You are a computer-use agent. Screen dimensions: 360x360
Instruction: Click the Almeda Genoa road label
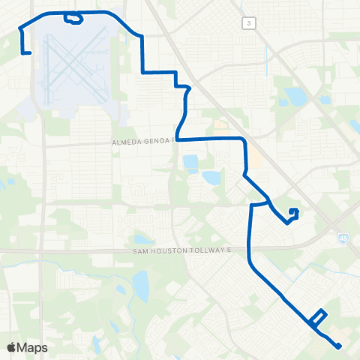142,141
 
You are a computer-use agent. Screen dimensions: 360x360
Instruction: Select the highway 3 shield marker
247,24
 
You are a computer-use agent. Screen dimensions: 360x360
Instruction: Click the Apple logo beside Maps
11,347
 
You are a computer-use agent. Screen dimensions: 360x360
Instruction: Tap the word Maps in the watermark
32,347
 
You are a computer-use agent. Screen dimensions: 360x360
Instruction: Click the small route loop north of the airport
73,18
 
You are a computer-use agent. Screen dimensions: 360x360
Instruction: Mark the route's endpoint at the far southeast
339,346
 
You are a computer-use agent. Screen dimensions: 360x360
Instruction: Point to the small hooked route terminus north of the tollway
293,213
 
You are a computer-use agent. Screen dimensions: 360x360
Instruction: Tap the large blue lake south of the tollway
140,285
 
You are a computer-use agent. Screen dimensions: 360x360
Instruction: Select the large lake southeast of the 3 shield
294,97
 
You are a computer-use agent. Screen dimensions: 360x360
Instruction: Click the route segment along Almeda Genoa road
210,139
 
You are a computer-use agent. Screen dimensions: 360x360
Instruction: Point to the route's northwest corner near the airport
19,28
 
